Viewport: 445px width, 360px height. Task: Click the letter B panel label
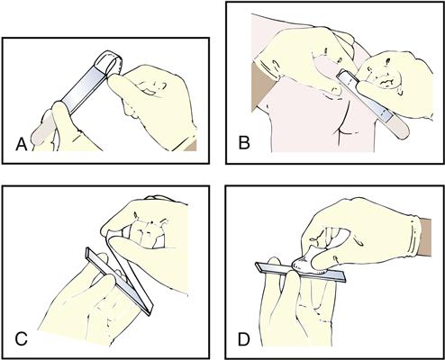[x=244, y=142]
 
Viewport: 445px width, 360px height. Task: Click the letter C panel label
[x=22, y=339]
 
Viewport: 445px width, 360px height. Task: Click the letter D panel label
[x=244, y=339]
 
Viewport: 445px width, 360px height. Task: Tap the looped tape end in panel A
[x=109, y=62]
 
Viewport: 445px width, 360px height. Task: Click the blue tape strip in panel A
[x=84, y=89]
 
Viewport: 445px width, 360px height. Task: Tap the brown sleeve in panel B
[x=260, y=87]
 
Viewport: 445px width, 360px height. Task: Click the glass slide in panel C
[x=119, y=281]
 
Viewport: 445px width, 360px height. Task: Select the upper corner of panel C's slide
[x=87, y=248]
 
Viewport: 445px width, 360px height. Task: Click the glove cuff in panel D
[x=413, y=237]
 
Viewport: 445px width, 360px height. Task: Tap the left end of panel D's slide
[x=257, y=265]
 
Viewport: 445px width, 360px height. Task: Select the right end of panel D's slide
[x=344, y=278]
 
